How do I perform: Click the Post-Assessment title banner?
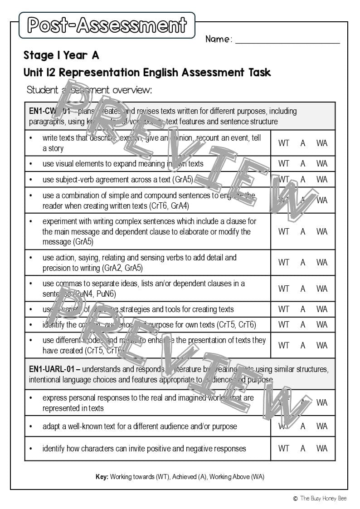coord(107,25)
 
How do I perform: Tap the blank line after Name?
coord(287,40)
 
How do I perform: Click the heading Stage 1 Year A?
coord(61,55)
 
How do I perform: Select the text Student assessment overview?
coord(89,90)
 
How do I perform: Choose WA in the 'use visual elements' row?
coord(322,164)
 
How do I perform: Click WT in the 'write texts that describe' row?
coord(284,143)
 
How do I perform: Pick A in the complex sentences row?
coord(303,232)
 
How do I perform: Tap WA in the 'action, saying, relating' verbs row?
coord(322,262)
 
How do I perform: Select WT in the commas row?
coord(284,289)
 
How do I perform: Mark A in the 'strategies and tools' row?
coord(303,309)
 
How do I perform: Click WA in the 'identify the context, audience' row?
coord(322,324)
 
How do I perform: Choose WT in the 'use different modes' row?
coord(284,345)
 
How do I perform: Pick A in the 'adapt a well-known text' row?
coord(303,426)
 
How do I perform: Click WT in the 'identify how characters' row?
coord(284,449)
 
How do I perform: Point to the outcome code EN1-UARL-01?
coord(52,369)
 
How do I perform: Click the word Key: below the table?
coord(102,477)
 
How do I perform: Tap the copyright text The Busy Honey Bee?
coord(323,498)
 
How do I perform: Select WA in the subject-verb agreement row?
coord(322,179)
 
